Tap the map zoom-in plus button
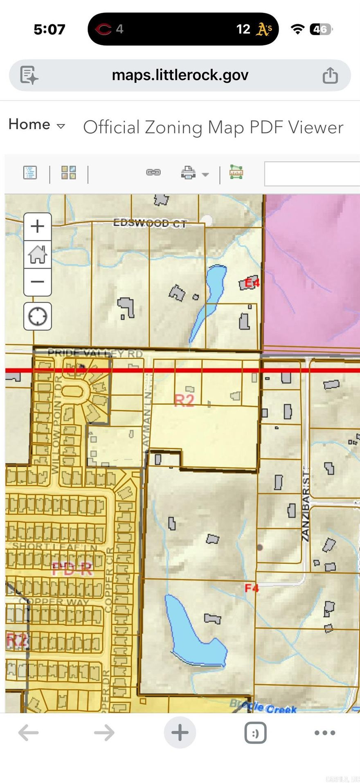pyautogui.click(x=38, y=226)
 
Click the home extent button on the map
pyautogui.click(x=38, y=254)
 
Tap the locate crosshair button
pyautogui.click(x=38, y=316)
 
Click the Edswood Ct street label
pyautogui.click(x=150, y=223)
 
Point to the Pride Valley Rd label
pyautogui.click(x=95, y=353)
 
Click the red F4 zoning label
pyautogui.click(x=252, y=588)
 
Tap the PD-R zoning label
pyautogui.click(x=72, y=569)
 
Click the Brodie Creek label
pyautogui.click(x=263, y=707)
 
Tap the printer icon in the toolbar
pyautogui.click(x=188, y=173)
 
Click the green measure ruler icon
pyautogui.click(x=236, y=172)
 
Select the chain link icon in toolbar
pyautogui.click(x=153, y=173)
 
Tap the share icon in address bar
pyautogui.click(x=330, y=75)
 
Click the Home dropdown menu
pyautogui.click(x=37, y=125)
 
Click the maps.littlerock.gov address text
pyautogui.click(x=180, y=75)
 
